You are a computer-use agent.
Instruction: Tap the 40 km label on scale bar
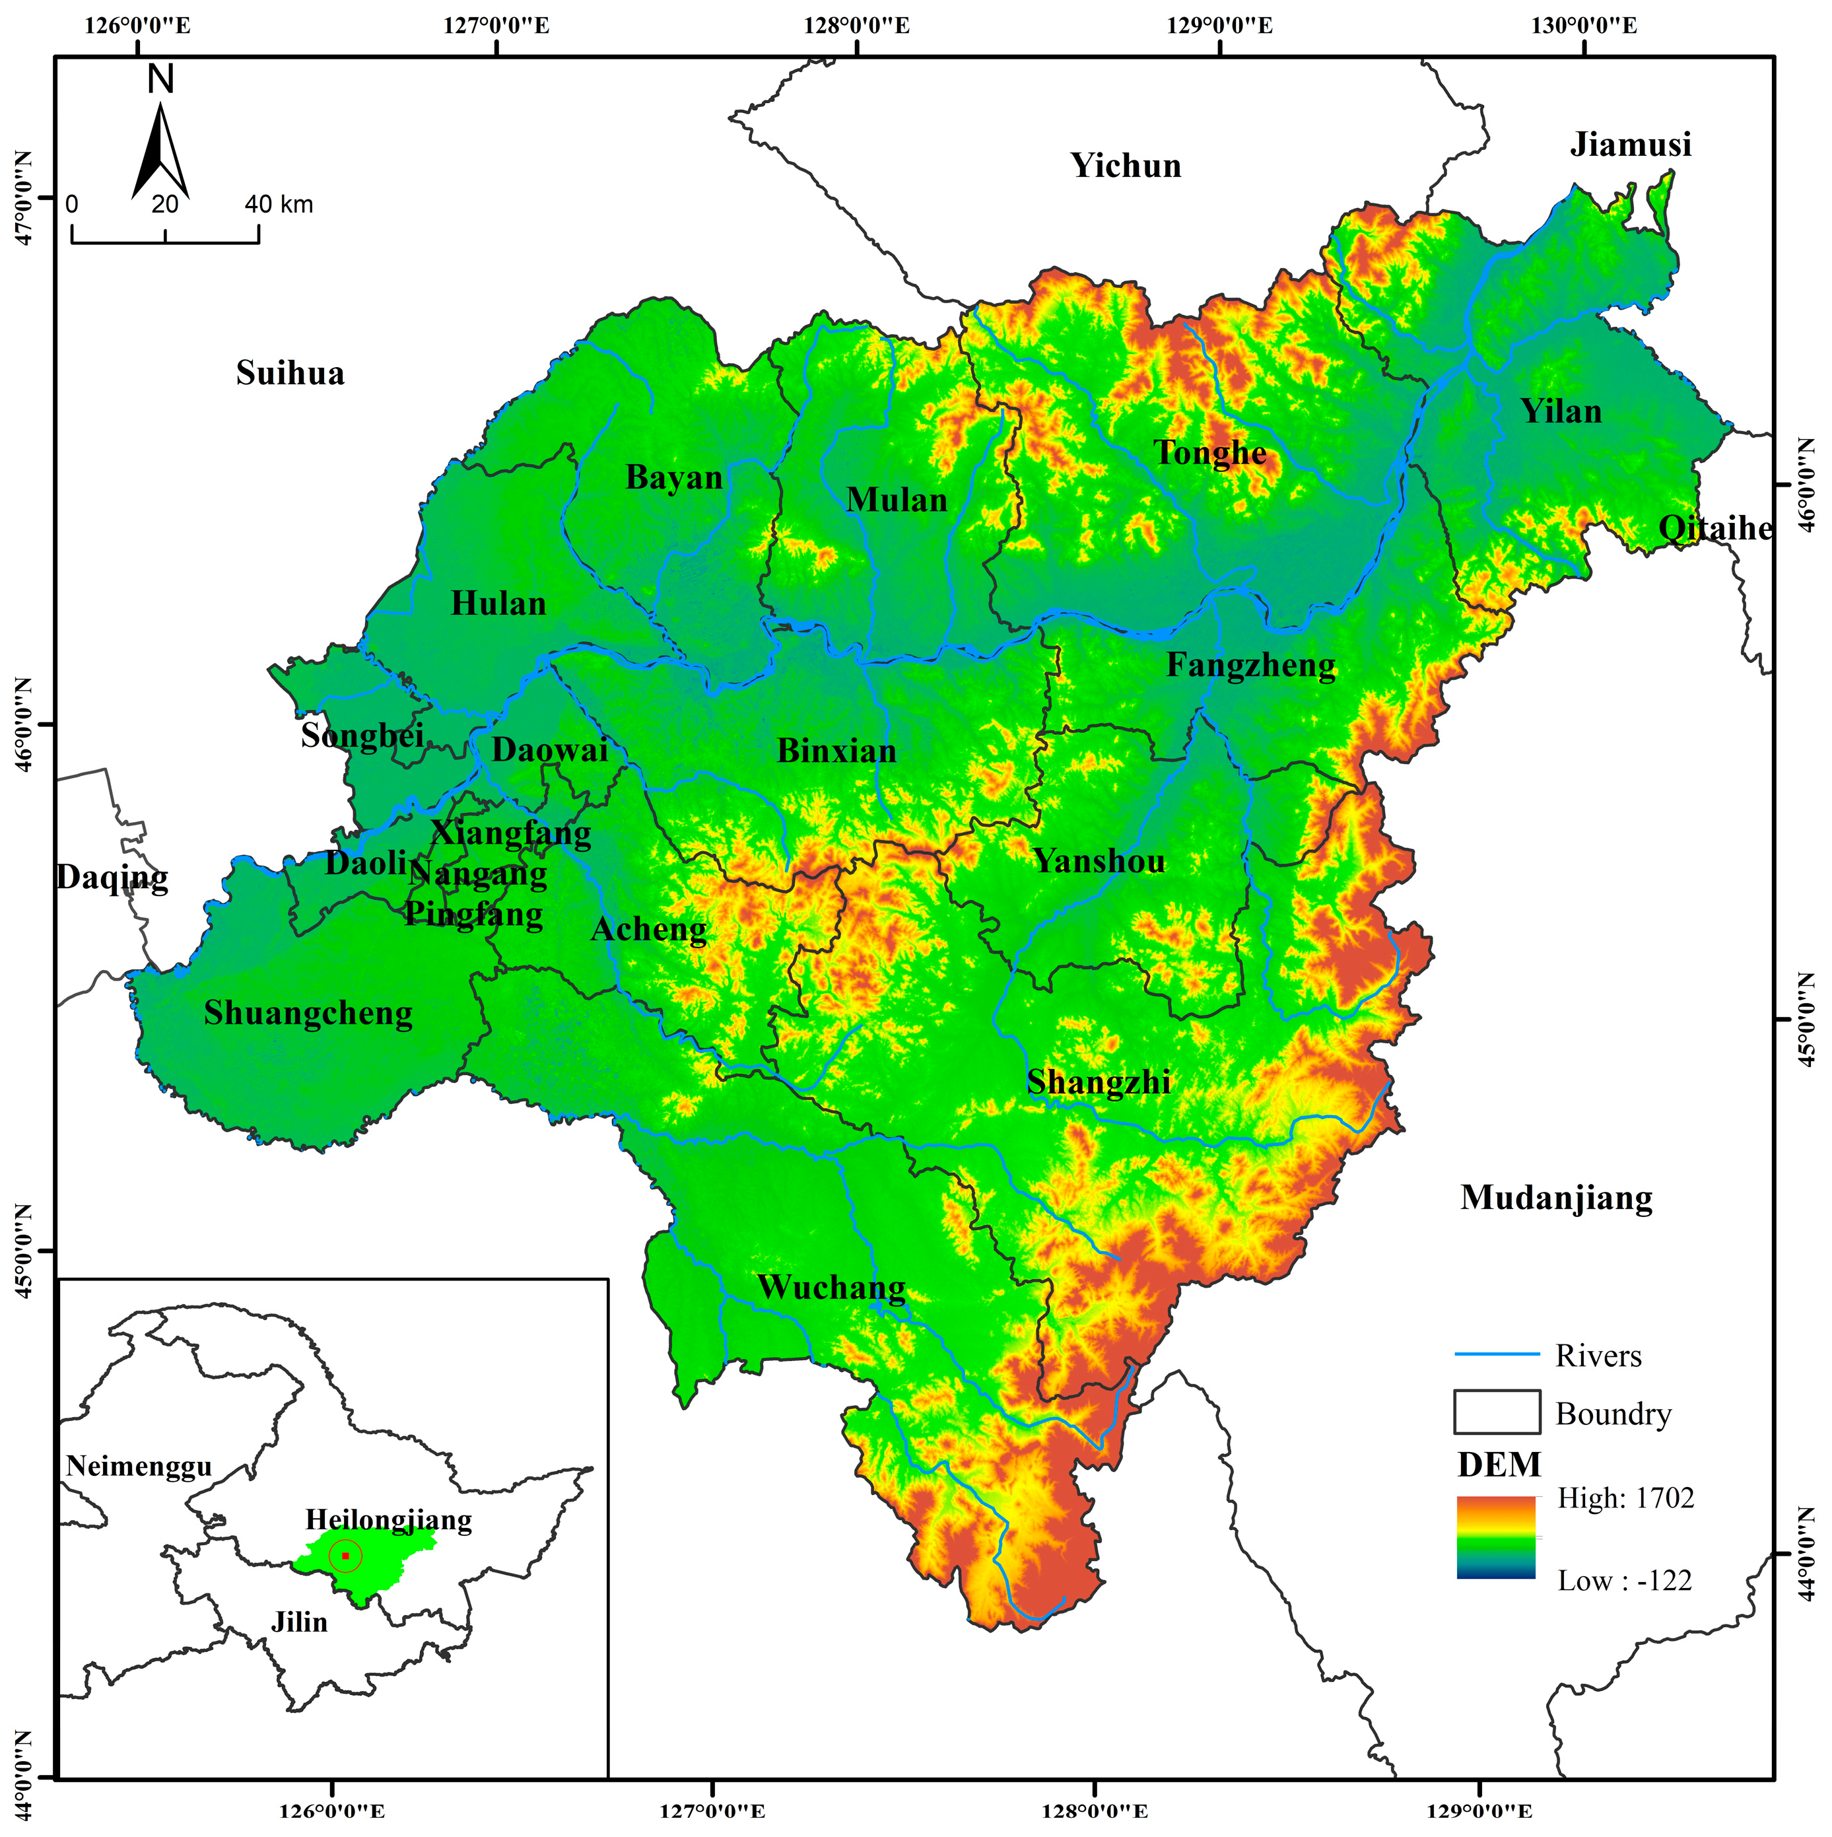click(279, 205)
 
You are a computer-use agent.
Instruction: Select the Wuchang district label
click(831, 1288)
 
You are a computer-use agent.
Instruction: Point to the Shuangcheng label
click(308, 1014)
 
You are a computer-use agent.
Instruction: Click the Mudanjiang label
click(1555, 1198)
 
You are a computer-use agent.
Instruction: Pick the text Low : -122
click(1624, 1581)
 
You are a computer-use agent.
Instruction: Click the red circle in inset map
click(345, 1556)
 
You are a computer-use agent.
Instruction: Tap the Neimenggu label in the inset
click(139, 1467)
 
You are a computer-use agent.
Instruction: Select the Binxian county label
click(836, 751)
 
